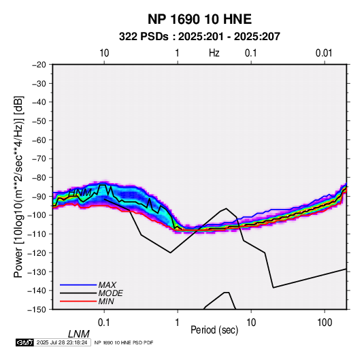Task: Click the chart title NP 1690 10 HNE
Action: [x=199, y=19]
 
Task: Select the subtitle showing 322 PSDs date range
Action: [x=199, y=37]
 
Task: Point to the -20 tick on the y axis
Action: [x=39, y=65]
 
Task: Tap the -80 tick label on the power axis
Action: [x=39, y=178]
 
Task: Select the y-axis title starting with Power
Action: [x=18, y=187]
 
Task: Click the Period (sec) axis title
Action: [x=214, y=330]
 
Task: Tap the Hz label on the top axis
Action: [x=214, y=53]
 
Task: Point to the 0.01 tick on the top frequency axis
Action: [x=324, y=53]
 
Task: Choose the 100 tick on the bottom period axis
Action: [x=325, y=323]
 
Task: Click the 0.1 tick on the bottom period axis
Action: [x=104, y=323]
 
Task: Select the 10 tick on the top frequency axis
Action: [x=104, y=53]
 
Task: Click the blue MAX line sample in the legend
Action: [x=78, y=285]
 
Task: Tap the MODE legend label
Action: [x=110, y=293]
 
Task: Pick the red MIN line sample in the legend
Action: [x=78, y=301]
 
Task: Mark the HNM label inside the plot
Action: [x=80, y=193]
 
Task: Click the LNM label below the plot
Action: [x=79, y=334]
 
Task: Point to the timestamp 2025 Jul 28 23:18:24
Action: [x=62, y=342]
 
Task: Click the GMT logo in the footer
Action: [x=25, y=342]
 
